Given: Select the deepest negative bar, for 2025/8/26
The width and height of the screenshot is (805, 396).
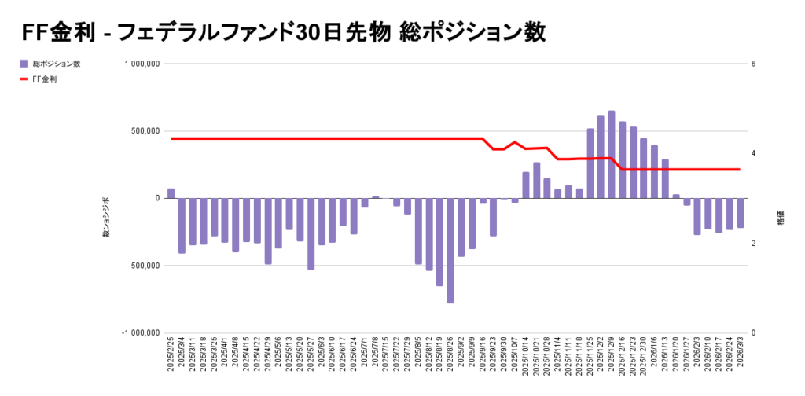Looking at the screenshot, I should click(x=450, y=251).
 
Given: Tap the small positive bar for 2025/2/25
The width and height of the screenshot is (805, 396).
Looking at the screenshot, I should click(x=171, y=193).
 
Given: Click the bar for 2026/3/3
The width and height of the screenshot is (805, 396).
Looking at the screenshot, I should click(x=741, y=213).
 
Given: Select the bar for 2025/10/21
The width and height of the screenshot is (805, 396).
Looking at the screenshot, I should click(x=537, y=181).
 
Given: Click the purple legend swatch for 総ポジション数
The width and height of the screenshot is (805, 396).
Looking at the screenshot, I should click(x=24, y=64).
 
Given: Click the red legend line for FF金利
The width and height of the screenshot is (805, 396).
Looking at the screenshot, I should click(x=24, y=79).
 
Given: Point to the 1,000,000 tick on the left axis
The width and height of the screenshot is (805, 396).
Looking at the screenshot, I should click(x=141, y=64).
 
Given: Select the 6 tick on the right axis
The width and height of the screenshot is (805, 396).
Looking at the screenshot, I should click(x=753, y=64).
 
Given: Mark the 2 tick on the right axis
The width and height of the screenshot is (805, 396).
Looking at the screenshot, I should click(x=753, y=244).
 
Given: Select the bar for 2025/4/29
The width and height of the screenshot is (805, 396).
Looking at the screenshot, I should click(x=268, y=231).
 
